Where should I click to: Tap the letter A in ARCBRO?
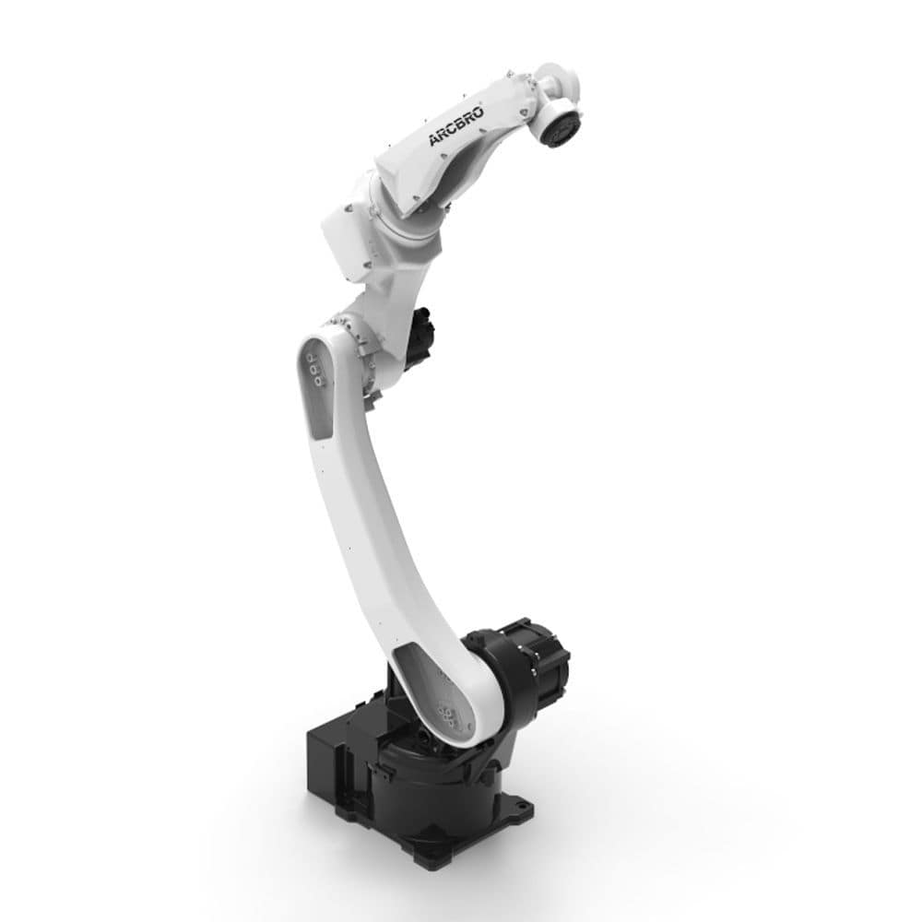pos(434,139)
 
